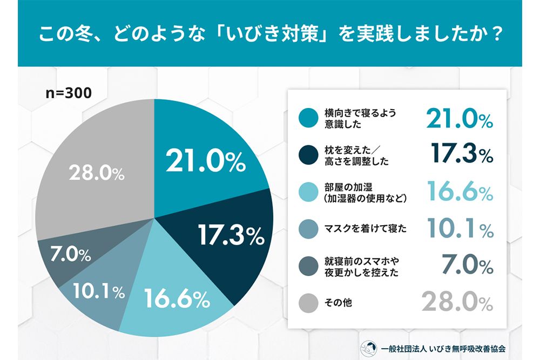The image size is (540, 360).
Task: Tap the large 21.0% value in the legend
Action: (x=459, y=119)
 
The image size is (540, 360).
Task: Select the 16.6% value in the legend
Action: (x=459, y=192)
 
